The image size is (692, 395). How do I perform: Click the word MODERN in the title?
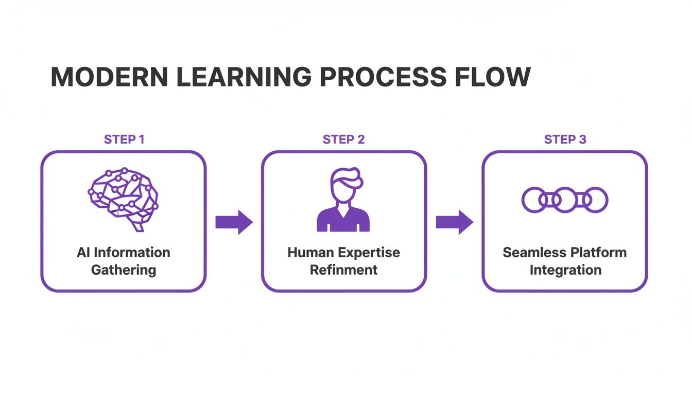(109, 77)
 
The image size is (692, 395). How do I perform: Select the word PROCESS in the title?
(381, 77)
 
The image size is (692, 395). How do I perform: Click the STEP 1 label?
(124, 139)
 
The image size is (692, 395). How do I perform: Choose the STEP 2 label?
(343, 139)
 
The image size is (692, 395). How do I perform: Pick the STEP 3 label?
(565, 139)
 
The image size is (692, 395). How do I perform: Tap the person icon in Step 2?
(343, 201)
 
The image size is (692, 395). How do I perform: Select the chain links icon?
(565, 200)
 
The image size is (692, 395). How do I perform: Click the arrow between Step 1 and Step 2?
(234, 222)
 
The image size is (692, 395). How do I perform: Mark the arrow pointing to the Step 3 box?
(454, 222)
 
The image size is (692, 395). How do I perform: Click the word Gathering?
(124, 270)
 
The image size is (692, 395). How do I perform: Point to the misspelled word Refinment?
(343, 270)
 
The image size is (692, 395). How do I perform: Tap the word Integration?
(565, 270)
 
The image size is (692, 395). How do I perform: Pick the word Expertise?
(369, 253)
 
